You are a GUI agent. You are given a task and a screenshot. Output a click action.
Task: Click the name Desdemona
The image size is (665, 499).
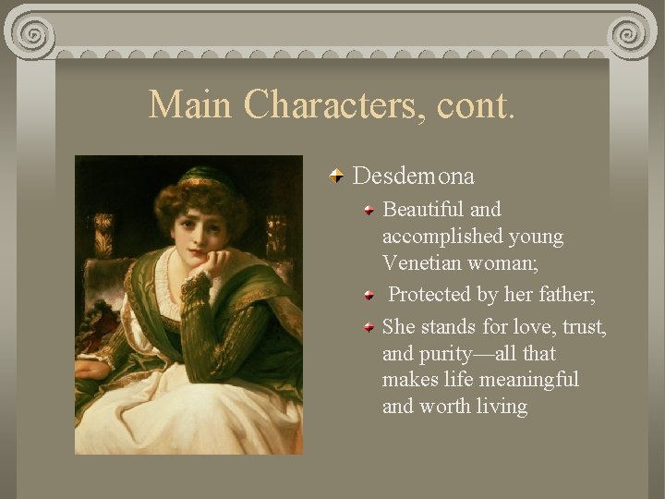[413, 176]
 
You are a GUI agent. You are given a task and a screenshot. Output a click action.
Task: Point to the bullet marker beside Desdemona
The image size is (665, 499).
[340, 175]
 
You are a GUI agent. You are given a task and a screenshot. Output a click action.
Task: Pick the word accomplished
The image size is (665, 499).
[444, 237]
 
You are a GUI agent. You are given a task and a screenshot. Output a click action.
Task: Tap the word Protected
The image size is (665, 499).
[431, 295]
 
